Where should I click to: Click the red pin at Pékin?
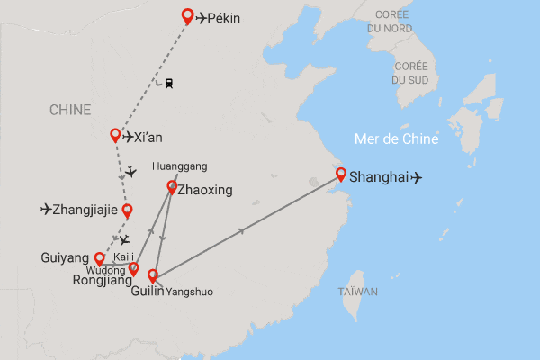pos(187,15)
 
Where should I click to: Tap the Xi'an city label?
pos(148,138)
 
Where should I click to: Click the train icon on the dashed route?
pos(168,84)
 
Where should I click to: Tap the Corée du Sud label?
pos(409,73)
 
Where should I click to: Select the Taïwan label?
pos(358,292)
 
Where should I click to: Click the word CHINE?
pos(70,110)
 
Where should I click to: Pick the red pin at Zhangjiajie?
pos(127,211)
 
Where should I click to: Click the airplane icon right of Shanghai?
pos(416,177)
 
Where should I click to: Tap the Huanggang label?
pos(180,166)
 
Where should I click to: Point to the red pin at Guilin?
pos(153,275)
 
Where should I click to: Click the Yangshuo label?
pos(191,292)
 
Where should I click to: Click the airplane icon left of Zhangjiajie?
pos(46,211)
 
